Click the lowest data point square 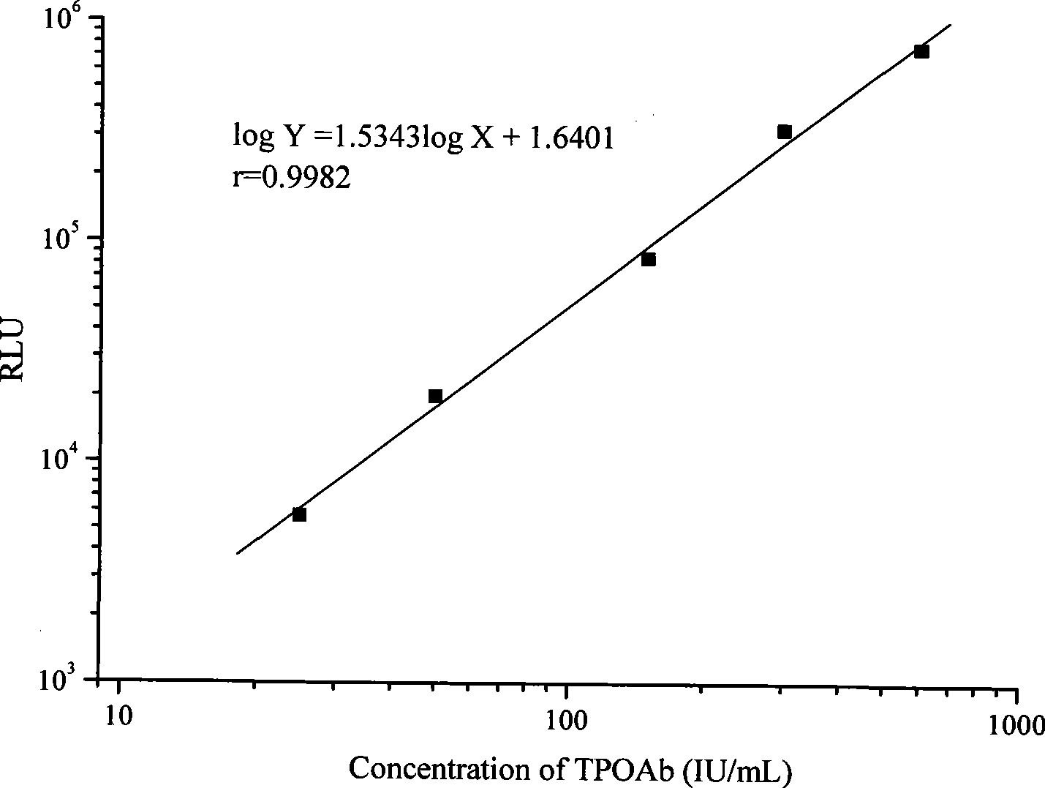pyautogui.click(x=299, y=514)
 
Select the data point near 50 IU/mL pyautogui.click(x=435, y=396)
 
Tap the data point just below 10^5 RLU pyautogui.click(x=649, y=260)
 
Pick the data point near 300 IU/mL pyautogui.click(x=785, y=132)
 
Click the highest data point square pyautogui.click(x=921, y=51)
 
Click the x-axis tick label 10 pyautogui.click(x=118, y=716)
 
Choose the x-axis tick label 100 pyautogui.click(x=566, y=721)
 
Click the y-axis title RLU pyautogui.click(x=13, y=349)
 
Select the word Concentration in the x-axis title pyautogui.click(x=439, y=769)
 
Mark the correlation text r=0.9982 pyautogui.click(x=291, y=178)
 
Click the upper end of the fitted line pyautogui.click(x=951, y=24)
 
